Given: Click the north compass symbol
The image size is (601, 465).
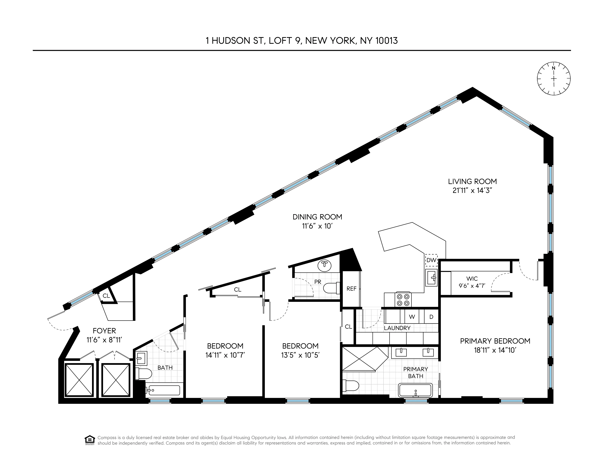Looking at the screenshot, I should pos(554,79).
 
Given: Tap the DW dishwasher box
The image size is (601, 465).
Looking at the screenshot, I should pos(431,260).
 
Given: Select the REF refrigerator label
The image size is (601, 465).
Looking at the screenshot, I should pos(351,289).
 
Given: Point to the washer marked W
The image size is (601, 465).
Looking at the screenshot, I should pos(412,317).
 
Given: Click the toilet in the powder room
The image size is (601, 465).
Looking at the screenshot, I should pos(332,288).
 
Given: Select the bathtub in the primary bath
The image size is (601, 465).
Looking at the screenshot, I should pos(415,390).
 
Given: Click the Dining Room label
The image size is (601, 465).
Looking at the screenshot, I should pos(317,217).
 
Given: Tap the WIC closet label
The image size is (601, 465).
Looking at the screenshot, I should pos(472,279).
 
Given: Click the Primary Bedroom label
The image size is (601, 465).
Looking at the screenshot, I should pos(495,341).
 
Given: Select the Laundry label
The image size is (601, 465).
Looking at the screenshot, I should pos(397,328).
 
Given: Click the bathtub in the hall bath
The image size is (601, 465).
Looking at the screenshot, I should pos(163,390).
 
